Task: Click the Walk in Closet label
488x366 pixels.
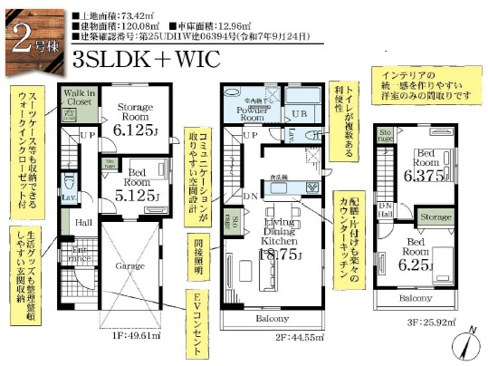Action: pos(78,100)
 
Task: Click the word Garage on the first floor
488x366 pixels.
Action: pos(129,265)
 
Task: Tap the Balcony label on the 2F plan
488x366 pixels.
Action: pos(272,319)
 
